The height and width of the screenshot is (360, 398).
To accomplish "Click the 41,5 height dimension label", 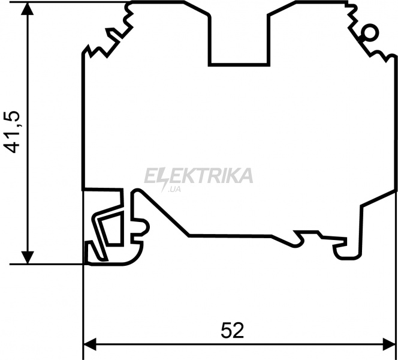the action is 12,132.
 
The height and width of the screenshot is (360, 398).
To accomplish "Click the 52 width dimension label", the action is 232,331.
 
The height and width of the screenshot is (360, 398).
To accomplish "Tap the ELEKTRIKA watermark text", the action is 198,176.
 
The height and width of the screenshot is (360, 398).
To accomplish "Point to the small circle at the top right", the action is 370,32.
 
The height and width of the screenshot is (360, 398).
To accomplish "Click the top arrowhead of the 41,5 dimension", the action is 28,8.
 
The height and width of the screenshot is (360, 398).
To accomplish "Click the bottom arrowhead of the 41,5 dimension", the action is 28,257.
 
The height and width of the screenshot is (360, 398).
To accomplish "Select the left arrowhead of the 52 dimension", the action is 90,344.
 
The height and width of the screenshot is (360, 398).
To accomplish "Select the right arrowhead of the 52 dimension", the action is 390,344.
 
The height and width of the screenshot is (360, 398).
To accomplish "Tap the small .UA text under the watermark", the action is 174,190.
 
